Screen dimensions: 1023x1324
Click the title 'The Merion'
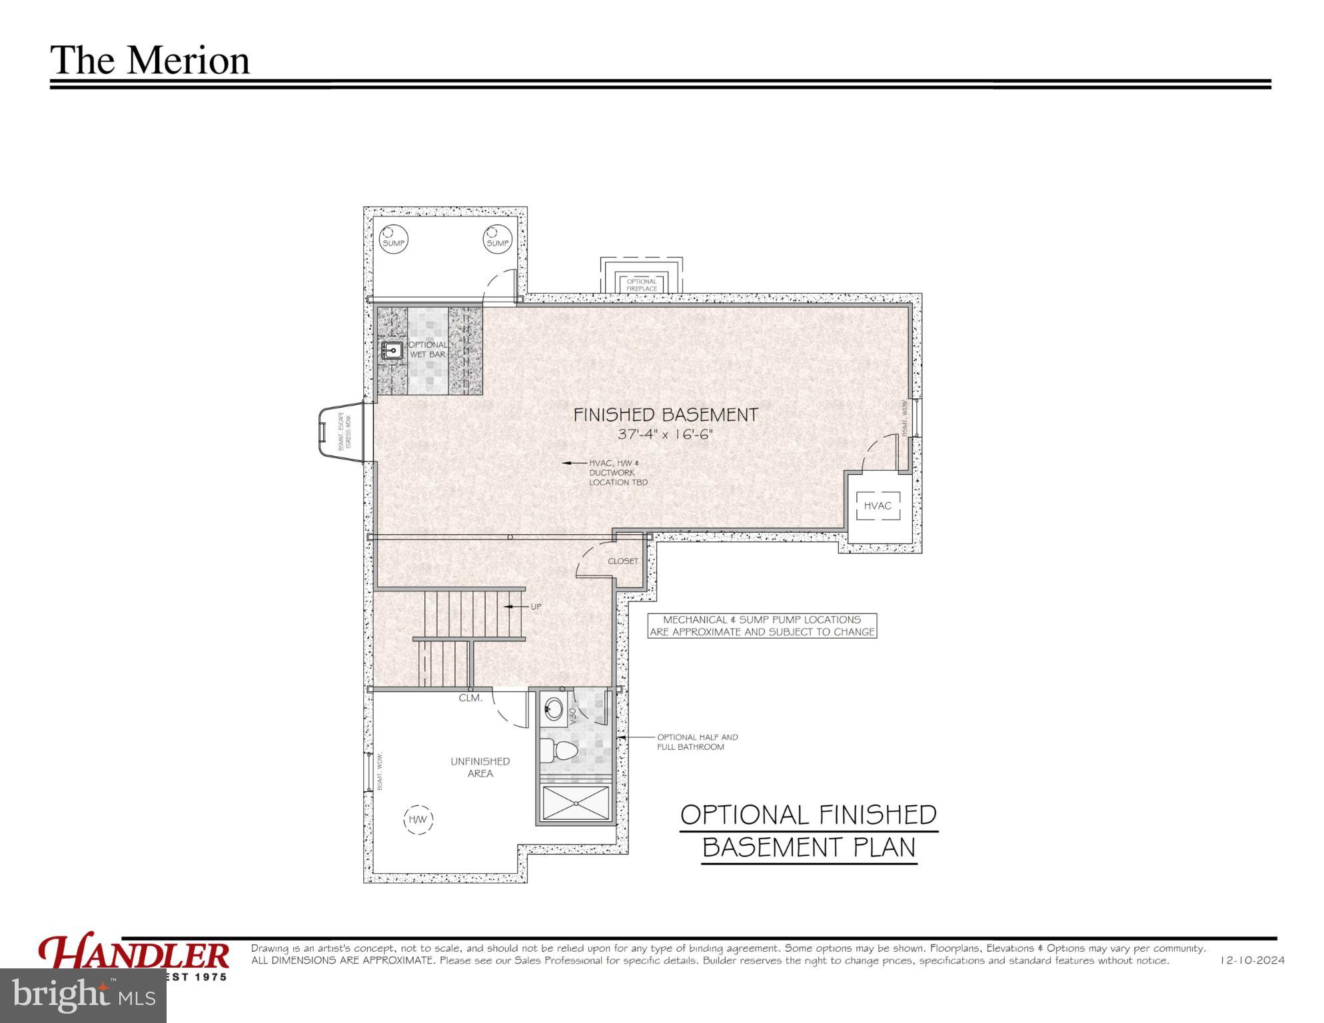coord(150,60)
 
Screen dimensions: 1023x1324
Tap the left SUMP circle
coord(393,239)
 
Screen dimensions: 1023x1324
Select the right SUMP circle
coord(497,239)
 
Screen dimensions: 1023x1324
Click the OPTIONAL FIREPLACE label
coord(642,285)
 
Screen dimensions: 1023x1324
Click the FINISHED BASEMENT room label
coord(666,415)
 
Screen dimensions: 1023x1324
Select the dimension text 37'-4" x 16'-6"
coord(666,435)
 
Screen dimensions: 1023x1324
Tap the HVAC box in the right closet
coord(878,506)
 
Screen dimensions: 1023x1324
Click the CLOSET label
coord(623,561)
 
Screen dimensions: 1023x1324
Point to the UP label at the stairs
coord(536,607)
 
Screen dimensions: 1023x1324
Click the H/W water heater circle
coord(418,819)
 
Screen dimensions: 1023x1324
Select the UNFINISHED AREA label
coord(480,767)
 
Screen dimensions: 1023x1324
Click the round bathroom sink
coord(552,708)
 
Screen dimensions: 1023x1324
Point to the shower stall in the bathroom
coord(576,803)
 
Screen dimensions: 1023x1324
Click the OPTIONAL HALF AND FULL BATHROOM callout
coord(698,742)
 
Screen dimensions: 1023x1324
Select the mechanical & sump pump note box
coord(762,626)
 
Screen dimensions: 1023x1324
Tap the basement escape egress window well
coord(341,432)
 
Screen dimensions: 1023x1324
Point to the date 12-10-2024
coord(1252,961)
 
